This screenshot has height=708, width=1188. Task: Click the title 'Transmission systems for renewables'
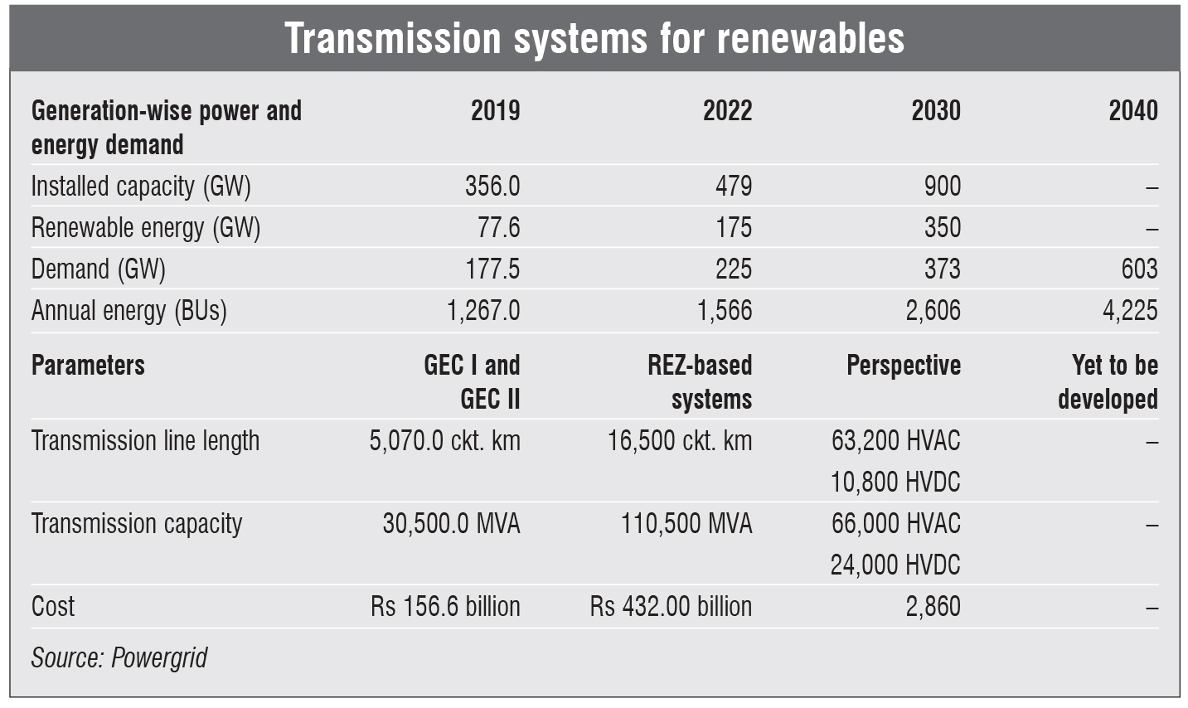(594, 38)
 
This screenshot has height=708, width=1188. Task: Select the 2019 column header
(495, 111)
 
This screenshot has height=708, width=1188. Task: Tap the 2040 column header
(1132, 111)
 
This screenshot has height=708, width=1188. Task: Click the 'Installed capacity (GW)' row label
(141, 187)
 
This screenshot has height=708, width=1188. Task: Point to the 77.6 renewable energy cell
(500, 228)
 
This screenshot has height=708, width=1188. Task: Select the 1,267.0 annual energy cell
(483, 311)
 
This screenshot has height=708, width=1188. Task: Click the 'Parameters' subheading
(88, 366)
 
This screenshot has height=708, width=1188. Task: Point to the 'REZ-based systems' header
(701, 382)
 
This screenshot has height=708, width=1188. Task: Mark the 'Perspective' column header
(903, 366)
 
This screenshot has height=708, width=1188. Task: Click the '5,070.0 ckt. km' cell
(444, 441)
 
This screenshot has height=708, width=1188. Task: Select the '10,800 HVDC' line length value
(895, 483)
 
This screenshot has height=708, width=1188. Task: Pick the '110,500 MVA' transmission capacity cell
(686, 524)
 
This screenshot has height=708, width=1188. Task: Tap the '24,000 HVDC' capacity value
(895, 565)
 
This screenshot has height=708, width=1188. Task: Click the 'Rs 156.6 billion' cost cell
(445, 607)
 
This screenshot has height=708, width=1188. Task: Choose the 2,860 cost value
(933, 607)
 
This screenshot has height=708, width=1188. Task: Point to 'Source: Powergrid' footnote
(119, 658)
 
